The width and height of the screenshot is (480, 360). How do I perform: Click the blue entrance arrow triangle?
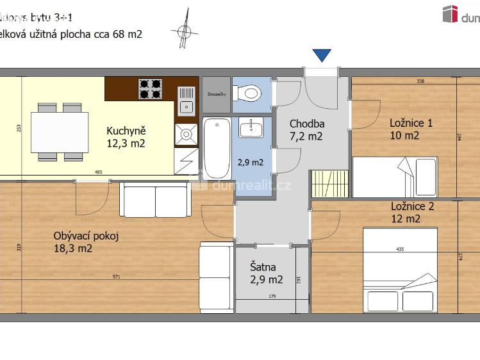coord(322,56)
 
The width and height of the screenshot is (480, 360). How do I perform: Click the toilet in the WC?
coord(249,94)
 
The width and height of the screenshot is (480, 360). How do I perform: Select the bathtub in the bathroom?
coord(217,148)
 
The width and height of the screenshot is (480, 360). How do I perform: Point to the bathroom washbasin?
coord(251,127)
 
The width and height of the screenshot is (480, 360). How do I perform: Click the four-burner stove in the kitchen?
coord(150,88)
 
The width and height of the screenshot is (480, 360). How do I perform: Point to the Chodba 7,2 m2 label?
coord(306,130)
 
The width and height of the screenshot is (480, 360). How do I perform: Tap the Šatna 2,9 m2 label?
coord(266,274)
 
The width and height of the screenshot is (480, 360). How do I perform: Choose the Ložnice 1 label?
coord(411,129)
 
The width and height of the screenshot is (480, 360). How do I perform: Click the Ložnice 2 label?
coord(412,212)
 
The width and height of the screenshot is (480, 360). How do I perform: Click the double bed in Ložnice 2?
coord(401,269)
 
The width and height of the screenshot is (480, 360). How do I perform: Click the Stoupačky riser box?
coord(215,94)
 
